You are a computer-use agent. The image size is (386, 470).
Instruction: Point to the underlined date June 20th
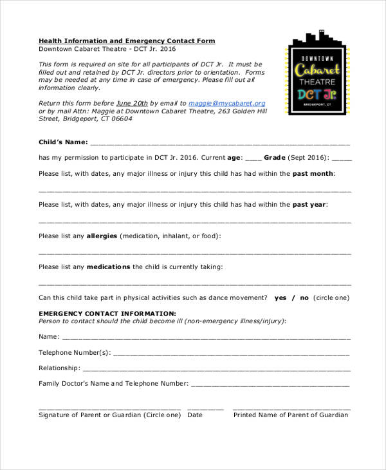(x=132, y=103)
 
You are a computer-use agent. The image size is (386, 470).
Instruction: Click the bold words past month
(x=313, y=174)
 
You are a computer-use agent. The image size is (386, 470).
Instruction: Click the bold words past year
(x=310, y=205)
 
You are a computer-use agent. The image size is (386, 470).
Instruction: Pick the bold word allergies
(x=102, y=236)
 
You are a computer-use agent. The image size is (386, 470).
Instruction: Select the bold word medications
(x=108, y=267)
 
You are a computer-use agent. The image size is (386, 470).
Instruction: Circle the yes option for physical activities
(x=280, y=298)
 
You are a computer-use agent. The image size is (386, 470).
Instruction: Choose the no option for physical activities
(x=304, y=298)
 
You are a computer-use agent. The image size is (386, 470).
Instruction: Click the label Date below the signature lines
(x=194, y=415)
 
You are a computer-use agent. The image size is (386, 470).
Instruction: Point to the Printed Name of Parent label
(x=290, y=415)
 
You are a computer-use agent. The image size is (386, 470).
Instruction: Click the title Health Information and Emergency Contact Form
(x=127, y=41)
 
